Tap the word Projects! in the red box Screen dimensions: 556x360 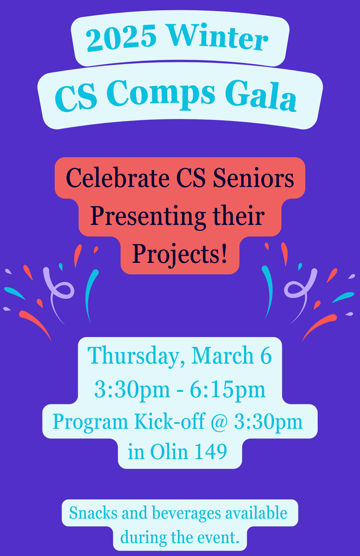[x=179, y=254]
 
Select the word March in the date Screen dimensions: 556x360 [x=220, y=356]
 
